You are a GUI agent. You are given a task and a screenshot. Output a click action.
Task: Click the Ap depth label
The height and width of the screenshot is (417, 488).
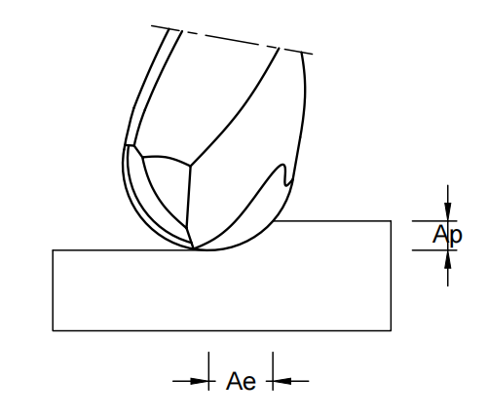point(447,235)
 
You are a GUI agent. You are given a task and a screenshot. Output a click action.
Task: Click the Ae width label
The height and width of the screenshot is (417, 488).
point(241,381)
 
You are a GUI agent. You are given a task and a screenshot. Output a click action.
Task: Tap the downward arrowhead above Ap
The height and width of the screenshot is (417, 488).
point(448,211)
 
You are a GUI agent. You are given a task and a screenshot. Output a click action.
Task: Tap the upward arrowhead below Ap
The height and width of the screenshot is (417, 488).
point(448,259)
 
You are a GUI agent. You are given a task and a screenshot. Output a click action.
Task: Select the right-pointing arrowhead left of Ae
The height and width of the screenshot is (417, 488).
point(200,381)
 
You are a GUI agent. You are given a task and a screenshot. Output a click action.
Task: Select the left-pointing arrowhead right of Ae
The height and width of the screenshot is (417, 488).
point(282,381)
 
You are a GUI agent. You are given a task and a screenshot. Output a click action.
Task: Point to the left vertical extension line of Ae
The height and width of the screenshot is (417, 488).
point(208,371)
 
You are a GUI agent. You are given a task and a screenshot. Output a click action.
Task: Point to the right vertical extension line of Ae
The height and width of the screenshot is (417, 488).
point(273,371)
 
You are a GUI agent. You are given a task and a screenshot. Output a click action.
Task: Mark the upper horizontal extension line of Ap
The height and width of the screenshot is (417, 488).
point(434,221)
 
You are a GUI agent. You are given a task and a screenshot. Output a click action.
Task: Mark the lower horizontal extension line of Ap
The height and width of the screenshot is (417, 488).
point(434,250)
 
